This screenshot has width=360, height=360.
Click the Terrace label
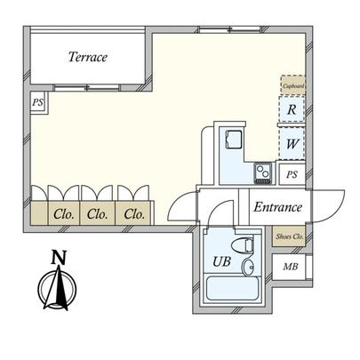coord(88,58)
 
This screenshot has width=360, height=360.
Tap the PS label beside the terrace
coord(37,102)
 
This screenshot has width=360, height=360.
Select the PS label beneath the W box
coord(292,174)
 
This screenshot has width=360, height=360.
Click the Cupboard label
coord(293,85)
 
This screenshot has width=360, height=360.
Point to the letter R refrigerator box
coord(292,111)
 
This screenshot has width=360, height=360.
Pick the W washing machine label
coord(292,142)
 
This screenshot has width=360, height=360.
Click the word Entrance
coord(278,207)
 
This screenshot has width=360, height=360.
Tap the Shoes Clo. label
coord(290,236)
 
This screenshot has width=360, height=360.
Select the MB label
coord(291,267)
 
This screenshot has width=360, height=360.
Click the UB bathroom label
coord(220,262)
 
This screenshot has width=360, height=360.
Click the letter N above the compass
coord(59,258)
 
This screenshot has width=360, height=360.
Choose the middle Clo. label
coord(97,213)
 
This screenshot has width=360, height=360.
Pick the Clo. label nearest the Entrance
coord(134,213)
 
